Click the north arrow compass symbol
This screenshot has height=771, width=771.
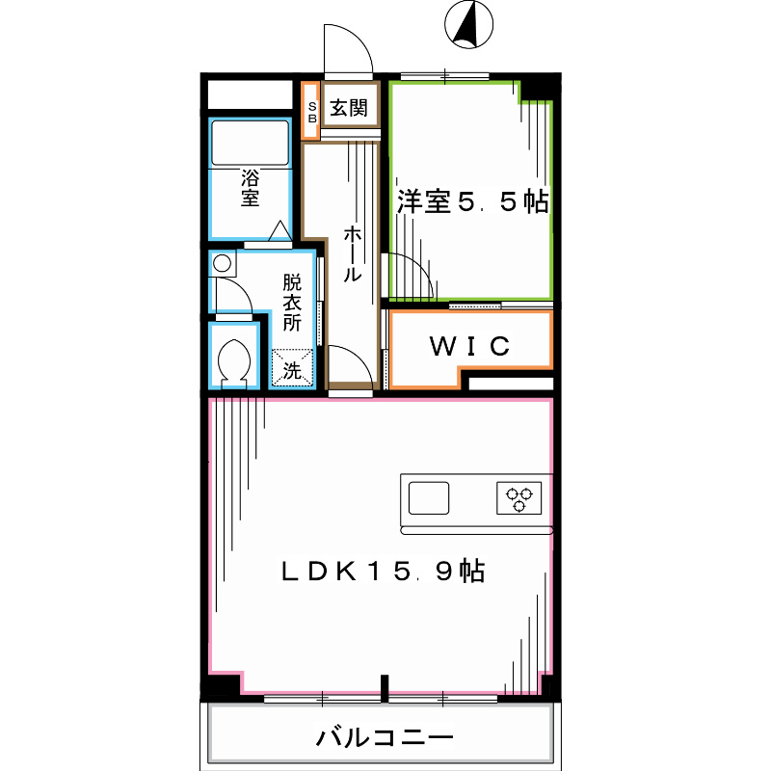click(469, 26)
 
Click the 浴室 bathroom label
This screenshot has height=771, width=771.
click(251, 189)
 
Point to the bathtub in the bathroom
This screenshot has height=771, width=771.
click(250, 144)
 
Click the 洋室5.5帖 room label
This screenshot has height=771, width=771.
click(472, 202)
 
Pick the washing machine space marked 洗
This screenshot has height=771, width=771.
click(293, 367)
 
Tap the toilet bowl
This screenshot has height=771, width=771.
click(235, 363)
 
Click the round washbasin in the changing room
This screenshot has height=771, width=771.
click(223, 262)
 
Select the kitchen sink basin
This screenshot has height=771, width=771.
click(429, 498)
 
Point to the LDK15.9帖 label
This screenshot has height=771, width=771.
click(382, 572)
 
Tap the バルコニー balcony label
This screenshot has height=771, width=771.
click(384, 740)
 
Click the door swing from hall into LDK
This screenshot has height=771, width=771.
click(350, 366)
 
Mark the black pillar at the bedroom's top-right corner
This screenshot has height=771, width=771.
click(538, 89)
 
